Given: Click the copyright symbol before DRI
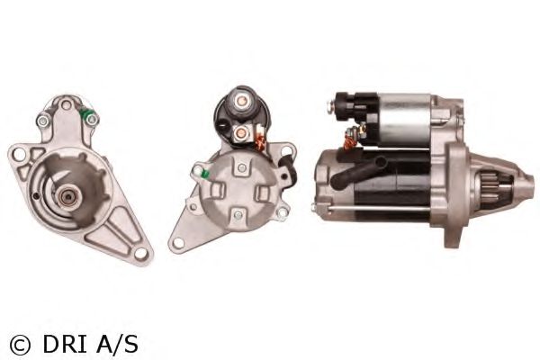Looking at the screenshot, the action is click(x=20, y=345).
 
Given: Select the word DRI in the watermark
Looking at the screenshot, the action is click(x=65, y=344).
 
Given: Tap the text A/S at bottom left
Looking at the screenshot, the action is click(x=117, y=344).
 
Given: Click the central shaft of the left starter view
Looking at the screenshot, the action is click(x=67, y=198).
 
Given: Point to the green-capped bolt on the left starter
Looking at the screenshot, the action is click(x=90, y=118).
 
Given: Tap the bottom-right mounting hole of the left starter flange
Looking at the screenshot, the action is click(x=140, y=254).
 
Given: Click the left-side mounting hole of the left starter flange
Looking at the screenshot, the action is click(x=18, y=154).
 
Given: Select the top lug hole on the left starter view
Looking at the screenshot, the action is click(x=66, y=104).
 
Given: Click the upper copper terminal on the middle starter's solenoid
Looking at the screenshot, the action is click(x=241, y=101).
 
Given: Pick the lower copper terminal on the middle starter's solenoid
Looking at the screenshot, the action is click(x=240, y=132).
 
